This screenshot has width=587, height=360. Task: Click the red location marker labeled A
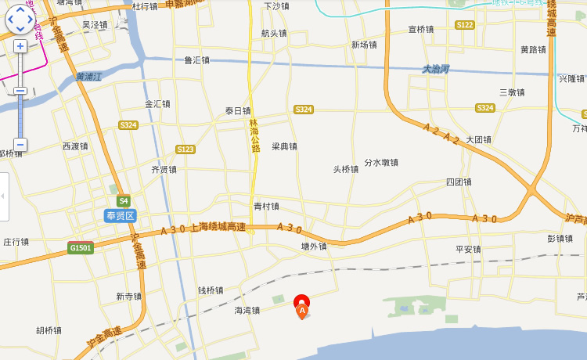tap(301, 304)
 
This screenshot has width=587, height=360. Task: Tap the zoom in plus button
tap(20, 46)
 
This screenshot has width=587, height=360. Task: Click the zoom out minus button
tap(20, 145)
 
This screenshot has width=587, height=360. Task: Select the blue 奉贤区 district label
tap(120, 215)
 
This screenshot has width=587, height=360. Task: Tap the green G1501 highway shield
tap(80, 248)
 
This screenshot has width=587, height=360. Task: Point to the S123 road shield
tap(185, 149)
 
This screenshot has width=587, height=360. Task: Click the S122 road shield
tap(465, 25)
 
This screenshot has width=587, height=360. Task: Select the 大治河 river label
tap(435, 69)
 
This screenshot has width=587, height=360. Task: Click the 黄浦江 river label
tap(89, 77)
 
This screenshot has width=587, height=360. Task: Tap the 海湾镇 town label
tap(247, 310)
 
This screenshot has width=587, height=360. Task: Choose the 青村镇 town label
tap(266, 207)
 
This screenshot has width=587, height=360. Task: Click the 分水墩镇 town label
tap(381, 163)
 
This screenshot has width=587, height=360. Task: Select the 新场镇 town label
tap(364, 45)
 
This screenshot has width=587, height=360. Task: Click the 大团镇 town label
tap(478, 139)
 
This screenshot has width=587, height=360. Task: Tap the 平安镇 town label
tap(468, 249)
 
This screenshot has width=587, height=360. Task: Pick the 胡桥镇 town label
tap(49, 330)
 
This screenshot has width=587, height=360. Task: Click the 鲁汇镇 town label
tap(196, 60)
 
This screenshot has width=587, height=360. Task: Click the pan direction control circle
tap(20, 19)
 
